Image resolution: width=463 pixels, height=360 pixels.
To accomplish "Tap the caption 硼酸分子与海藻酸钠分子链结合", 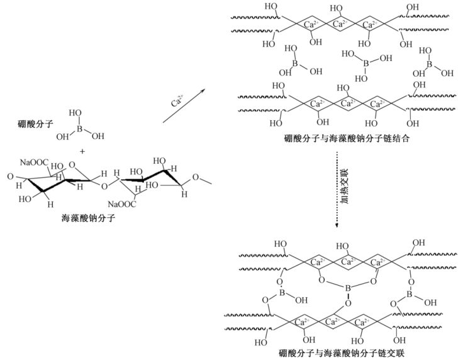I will click(347, 138).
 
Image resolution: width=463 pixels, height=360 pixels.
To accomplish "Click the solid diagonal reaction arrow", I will click(184, 105).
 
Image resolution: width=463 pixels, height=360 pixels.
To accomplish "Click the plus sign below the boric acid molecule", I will click(82, 151).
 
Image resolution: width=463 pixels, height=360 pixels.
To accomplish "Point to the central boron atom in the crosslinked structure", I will click(348, 290).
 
